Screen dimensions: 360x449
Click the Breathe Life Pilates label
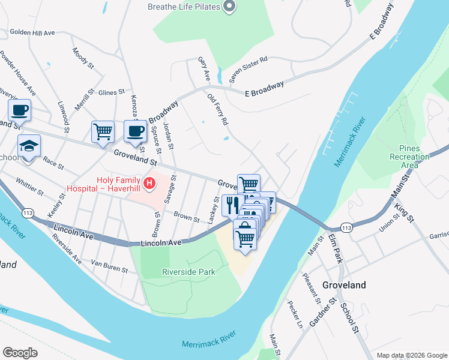pos(182,7)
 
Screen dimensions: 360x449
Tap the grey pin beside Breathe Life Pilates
pos(229,7)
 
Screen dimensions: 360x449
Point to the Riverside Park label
pos(188,272)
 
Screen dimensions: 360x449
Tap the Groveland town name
pos(344,286)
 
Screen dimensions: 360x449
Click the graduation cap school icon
pos(28,146)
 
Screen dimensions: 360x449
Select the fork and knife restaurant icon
pos(232,204)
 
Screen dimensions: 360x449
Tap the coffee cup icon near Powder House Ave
pos(19,110)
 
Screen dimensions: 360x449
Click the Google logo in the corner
pos(20,353)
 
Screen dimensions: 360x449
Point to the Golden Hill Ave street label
pos(32,32)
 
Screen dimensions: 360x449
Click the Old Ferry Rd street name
pos(218,109)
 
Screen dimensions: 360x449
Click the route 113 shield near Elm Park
pos(346,228)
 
